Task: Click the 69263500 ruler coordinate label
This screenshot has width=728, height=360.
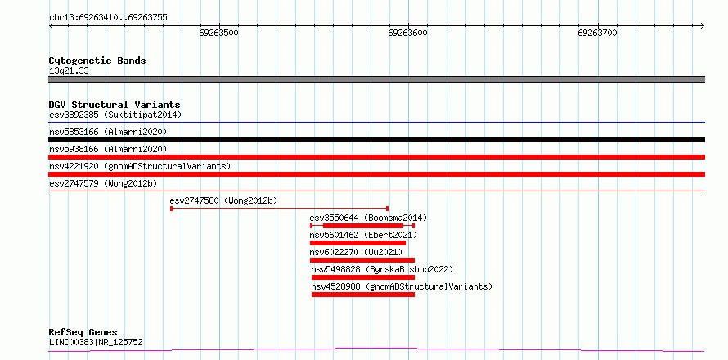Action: pyautogui.click(x=218, y=33)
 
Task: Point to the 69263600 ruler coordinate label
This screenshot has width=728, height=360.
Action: pyautogui.click(x=408, y=33)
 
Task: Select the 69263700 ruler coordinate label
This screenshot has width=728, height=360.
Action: pyautogui.click(x=598, y=33)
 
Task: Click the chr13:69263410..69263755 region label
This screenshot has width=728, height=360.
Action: pyautogui.click(x=108, y=18)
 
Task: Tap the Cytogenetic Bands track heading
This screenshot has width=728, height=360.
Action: pyautogui.click(x=97, y=61)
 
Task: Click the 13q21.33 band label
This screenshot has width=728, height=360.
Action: pyautogui.click(x=69, y=71)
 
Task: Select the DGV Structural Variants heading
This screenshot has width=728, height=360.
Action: pyautogui.click(x=115, y=105)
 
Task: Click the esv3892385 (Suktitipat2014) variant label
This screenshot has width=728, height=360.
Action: pyautogui.click(x=115, y=115)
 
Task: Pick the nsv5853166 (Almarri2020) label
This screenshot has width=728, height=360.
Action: pyautogui.click(x=108, y=132)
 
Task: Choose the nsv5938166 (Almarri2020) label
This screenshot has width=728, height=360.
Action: pyautogui.click(x=108, y=149)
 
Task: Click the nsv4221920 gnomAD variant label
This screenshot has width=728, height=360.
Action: pyautogui.click(x=140, y=166)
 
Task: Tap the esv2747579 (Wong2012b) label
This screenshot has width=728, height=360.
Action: pyautogui.click(x=103, y=183)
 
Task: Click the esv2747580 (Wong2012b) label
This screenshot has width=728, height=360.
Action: pyautogui.click(x=224, y=200)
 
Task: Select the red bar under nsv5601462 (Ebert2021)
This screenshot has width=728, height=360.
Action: pyautogui.click(x=358, y=243)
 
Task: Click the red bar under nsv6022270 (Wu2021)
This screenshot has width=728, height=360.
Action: pyautogui.click(x=362, y=260)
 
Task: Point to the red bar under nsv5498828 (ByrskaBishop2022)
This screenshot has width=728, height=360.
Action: pyautogui.click(x=363, y=277)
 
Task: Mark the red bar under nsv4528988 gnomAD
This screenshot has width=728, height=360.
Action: pyautogui.click(x=363, y=295)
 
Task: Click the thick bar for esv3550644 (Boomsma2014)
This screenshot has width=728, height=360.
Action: pyautogui.click(x=363, y=226)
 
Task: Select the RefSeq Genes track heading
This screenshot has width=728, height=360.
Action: pyautogui.click(x=83, y=333)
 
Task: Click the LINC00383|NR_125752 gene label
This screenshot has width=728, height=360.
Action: pyautogui.click(x=96, y=343)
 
